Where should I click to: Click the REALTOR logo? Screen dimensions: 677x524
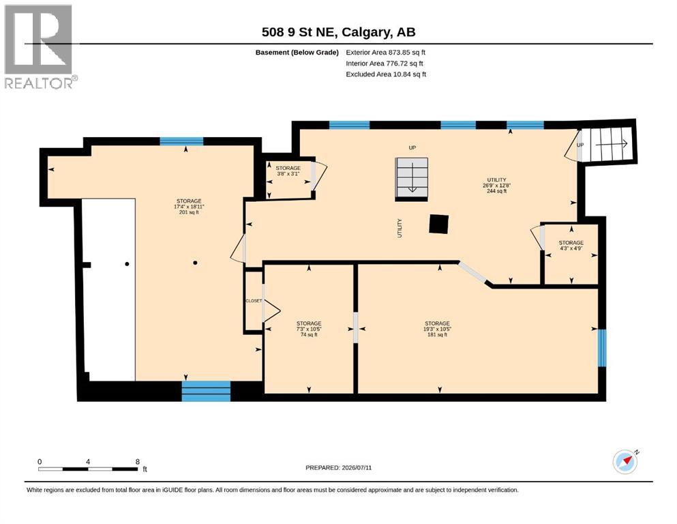[x=41, y=46]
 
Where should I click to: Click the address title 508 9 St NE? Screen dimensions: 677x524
[x=301, y=32]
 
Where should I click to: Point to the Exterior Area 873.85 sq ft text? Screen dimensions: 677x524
[x=386, y=53]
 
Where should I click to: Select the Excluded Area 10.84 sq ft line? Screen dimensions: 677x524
[x=386, y=74]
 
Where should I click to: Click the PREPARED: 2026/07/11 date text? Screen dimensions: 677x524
[x=338, y=467]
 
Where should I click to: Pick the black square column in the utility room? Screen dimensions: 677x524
[x=438, y=224]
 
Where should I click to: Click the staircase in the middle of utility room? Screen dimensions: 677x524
[x=412, y=179]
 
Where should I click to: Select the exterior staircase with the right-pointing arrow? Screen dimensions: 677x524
[x=607, y=144]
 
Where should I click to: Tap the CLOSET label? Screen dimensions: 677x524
[x=254, y=301]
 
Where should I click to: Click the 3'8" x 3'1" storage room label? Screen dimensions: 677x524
[x=288, y=171]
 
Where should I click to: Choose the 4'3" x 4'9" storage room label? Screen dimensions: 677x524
[x=571, y=246]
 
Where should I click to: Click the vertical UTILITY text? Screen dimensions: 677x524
[x=400, y=228]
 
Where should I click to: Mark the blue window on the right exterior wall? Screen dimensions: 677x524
[x=602, y=348]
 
